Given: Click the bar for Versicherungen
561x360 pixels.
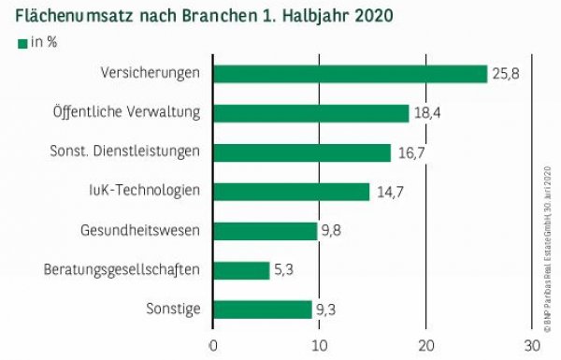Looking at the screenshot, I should pos(351,74).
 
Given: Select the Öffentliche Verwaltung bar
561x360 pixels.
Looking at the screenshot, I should pos(311,113).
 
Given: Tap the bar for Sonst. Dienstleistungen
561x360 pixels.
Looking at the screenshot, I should pos(302,152).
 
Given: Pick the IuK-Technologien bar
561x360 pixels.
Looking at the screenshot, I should pos(292,192).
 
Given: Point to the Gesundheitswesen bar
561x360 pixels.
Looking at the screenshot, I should pos(266,231).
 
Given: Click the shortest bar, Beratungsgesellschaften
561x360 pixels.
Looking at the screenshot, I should pos(241,270).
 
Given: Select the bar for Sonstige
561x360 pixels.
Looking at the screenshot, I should pos(263,310).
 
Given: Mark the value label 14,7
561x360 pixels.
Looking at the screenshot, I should pos(386,192).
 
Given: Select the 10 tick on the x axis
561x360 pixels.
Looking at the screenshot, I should pos(320,345).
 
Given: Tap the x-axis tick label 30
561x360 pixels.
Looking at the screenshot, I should pos(532,345).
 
